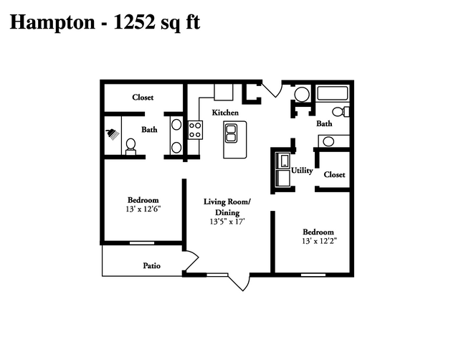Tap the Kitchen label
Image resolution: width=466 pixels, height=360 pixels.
click(225, 113)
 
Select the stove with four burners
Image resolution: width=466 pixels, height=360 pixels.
click(195, 130)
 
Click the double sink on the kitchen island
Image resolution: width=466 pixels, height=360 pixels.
click(232, 133)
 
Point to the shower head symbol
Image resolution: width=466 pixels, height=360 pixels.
click(112, 133)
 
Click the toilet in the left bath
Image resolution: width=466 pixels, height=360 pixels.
click(130, 146)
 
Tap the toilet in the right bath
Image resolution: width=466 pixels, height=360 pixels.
click(342, 111)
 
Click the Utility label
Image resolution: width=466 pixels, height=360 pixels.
click(302, 171)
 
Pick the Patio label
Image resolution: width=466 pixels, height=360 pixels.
click(151, 266)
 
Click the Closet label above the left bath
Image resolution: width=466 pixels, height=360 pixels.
click(143, 98)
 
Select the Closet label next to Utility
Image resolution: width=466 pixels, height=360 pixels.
click(335, 174)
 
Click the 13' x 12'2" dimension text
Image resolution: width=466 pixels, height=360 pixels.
click(318, 241)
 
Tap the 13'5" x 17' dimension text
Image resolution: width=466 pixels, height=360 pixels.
click(227, 222)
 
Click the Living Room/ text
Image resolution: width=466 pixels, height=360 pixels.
click(227, 202)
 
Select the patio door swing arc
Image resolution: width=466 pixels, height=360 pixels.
click(191, 258)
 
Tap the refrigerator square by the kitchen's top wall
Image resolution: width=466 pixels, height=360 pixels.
click(224, 93)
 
